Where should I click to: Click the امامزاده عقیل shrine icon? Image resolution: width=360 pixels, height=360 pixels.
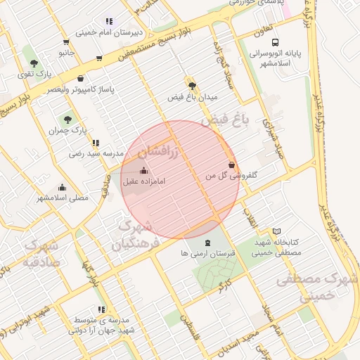pos(144,170)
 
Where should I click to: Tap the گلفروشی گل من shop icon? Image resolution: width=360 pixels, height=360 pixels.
pos(231,164)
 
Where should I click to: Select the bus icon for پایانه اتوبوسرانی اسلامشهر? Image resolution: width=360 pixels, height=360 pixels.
pos(274,42)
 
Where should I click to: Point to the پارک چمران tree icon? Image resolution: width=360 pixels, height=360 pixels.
pos(67,120)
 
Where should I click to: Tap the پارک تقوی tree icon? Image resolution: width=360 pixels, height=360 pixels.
pos(34,63)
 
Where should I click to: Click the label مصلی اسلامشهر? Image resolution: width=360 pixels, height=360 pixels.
pos(63,198)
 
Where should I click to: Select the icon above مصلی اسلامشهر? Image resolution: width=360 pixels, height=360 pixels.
pos(63,187)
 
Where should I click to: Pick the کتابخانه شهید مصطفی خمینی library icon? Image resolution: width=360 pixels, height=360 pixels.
pos(276,231)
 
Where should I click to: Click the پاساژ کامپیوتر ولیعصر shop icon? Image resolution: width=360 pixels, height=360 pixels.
pos(81,79)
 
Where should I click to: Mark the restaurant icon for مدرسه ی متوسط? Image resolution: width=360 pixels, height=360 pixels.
pos(102,309)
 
